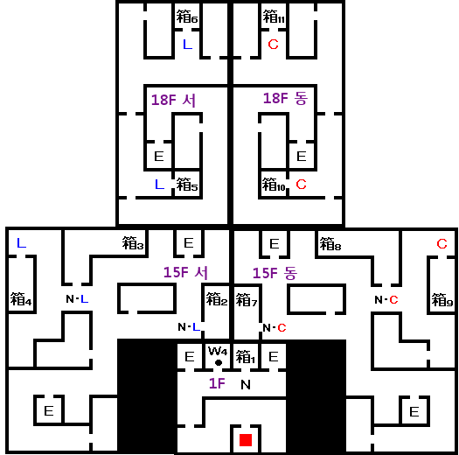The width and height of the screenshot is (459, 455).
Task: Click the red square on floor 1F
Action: pyautogui.click(x=246, y=440)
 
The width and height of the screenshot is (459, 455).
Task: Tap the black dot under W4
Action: pyautogui.click(x=219, y=363)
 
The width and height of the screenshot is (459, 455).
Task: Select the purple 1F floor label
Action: pyautogui.click(x=217, y=383)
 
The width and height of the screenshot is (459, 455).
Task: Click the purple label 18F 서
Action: pyautogui.click(x=173, y=101)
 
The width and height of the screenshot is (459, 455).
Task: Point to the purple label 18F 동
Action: pyautogui.click(x=285, y=99)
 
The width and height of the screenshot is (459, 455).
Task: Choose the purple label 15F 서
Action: pyautogui.click(x=185, y=272)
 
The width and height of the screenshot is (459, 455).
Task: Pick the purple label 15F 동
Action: pyautogui.click(x=275, y=273)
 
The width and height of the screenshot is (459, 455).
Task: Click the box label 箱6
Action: pyautogui.click(x=187, y=17)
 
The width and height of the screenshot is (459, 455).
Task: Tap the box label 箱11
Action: pyautogui.click(x=274, y=17)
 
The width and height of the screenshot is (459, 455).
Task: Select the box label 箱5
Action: pyautogui.click(x=187, y=185)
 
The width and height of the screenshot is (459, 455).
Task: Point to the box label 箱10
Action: pyautogui.click(x=274, y=185)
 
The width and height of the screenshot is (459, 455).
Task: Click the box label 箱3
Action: pyautogui.click(x=133, y=243)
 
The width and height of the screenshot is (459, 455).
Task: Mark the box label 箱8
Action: pyautogui.click(x=330, y=244)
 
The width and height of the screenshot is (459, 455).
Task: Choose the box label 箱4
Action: pyautogui.click(x=21, y=299)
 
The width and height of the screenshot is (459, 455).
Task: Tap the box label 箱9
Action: pyautogui.click(x=442, y=300)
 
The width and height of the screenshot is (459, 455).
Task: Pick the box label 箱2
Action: pyautogui.click(x=217, y=299)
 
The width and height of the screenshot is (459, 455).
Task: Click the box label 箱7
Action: pyautogui.click(x=247, y=300)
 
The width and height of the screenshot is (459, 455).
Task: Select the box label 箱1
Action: pyautogui.click(x=246, y=356)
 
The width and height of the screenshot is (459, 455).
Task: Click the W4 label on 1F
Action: pyautogui.click(x=218, y=351)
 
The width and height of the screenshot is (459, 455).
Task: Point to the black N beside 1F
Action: pyautogui.click(x=246, y=385)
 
